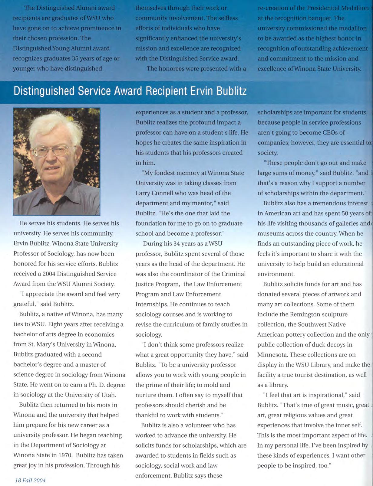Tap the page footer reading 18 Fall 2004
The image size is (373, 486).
(30, 480)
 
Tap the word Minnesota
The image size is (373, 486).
(272, 354)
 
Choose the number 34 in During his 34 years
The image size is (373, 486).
(179, 243)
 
